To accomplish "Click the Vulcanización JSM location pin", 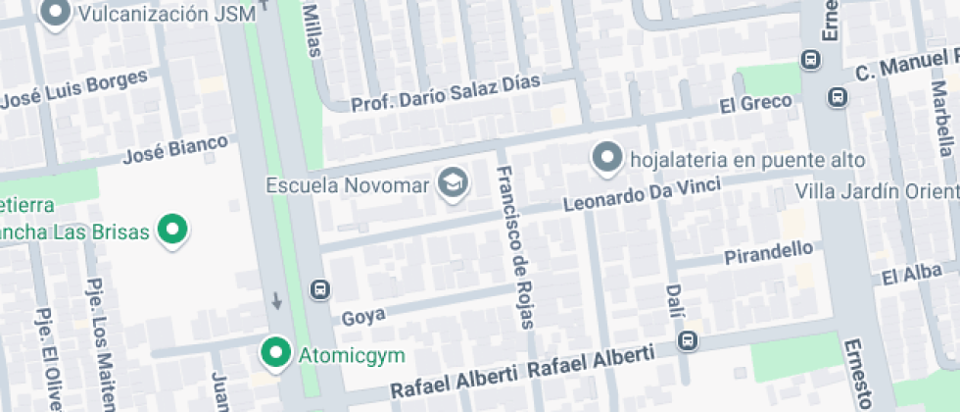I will (x=55, y=13).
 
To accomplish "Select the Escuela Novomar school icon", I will (x=453, y=183).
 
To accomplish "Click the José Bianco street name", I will (x=176, y=150).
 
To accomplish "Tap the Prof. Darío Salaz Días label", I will (x=446, y=94).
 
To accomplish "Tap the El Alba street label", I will (x=912, y=275).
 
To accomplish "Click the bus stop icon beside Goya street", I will (x=319, y=288).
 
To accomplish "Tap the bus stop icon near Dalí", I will (x=688, y=340).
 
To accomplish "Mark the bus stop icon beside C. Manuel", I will (x=839, y=96).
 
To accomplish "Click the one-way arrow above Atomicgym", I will (x=277, y=300).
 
